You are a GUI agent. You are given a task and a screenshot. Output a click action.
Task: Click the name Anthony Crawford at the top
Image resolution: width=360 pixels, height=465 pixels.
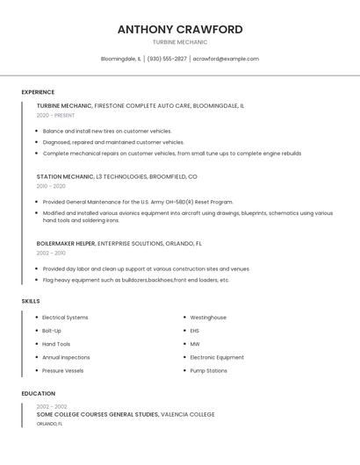coord(180,29)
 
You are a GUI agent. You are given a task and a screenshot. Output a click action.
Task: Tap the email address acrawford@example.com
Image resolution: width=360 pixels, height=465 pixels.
coord(226,59)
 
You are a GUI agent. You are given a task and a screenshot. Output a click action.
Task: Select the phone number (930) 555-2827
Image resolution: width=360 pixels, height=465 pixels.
coord(167,59)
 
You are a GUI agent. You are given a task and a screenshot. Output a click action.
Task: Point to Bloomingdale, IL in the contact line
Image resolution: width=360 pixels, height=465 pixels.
coord(121,59)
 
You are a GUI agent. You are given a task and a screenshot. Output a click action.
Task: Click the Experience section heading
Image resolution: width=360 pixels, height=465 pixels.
coord(38,92)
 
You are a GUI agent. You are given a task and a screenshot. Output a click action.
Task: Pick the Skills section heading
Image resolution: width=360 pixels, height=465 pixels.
coord(31,301)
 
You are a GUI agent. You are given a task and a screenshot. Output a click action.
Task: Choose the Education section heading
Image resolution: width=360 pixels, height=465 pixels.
coord(39,394)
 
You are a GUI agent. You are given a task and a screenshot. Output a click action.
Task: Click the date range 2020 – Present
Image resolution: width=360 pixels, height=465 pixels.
coord(55,115)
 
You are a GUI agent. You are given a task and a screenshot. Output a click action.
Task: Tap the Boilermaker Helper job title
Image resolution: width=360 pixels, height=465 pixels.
coord(66,243)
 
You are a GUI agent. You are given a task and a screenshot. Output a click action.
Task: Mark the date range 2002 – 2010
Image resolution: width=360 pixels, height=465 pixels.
coord(51,253)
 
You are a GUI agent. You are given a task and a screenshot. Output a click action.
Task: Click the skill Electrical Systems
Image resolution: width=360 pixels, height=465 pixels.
coord(65,318)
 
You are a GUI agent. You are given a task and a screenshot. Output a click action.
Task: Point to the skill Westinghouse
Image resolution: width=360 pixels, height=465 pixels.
coord(208,318)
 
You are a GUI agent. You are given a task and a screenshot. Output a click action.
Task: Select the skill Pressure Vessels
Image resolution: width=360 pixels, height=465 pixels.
coord(63,370)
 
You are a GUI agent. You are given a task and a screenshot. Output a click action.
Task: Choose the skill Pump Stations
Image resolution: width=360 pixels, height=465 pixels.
coord(209,370)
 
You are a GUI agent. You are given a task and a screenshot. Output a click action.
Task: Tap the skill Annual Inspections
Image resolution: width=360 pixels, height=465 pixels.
coord(66,357)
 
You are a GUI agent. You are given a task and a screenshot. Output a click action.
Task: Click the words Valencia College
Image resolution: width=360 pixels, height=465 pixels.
coord(188,414)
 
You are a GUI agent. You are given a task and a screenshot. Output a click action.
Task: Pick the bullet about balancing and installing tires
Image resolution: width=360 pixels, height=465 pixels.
coord(107,131)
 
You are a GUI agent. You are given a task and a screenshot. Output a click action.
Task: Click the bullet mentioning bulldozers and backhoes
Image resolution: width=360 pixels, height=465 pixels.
coord(136,280)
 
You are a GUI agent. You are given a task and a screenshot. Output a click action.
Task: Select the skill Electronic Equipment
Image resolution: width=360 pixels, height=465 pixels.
coord(217,357)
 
